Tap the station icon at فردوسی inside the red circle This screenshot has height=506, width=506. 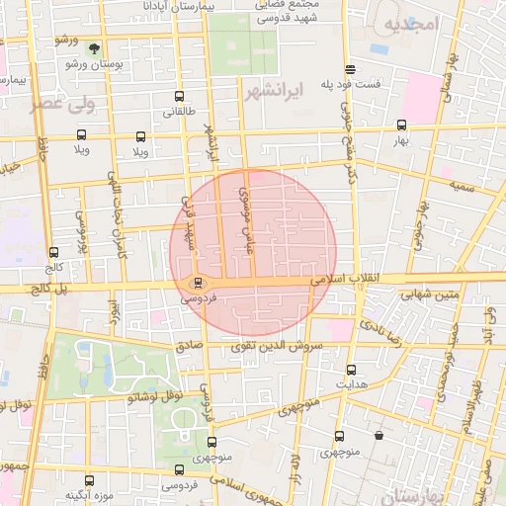198,283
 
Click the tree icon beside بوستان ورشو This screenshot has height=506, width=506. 94,47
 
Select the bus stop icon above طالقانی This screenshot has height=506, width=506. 179,97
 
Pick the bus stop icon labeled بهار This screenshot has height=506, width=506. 401,126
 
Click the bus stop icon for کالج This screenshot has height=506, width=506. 53,252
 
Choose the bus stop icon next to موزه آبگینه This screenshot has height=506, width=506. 90,480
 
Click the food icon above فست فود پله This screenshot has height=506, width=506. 351,69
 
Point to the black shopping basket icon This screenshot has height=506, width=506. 379,435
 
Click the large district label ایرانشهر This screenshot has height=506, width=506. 270,92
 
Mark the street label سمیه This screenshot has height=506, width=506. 463,185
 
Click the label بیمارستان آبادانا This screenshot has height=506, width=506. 119,5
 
